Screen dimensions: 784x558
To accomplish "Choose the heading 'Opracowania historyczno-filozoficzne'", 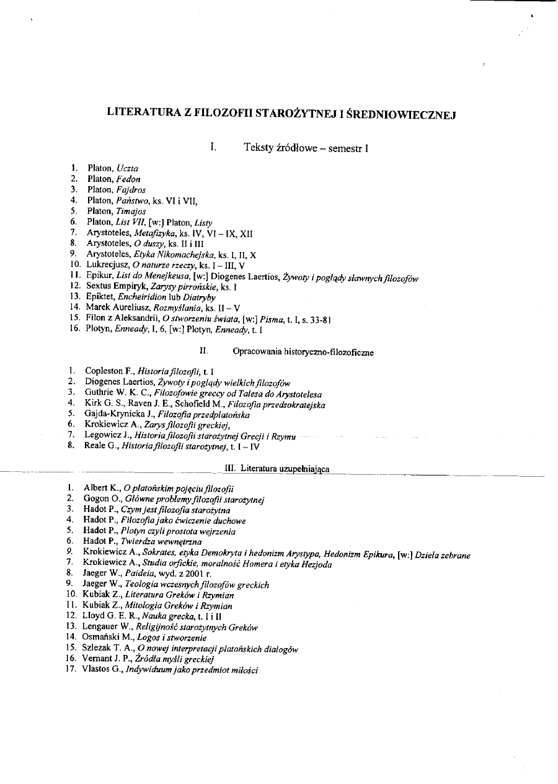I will coord(303,352).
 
